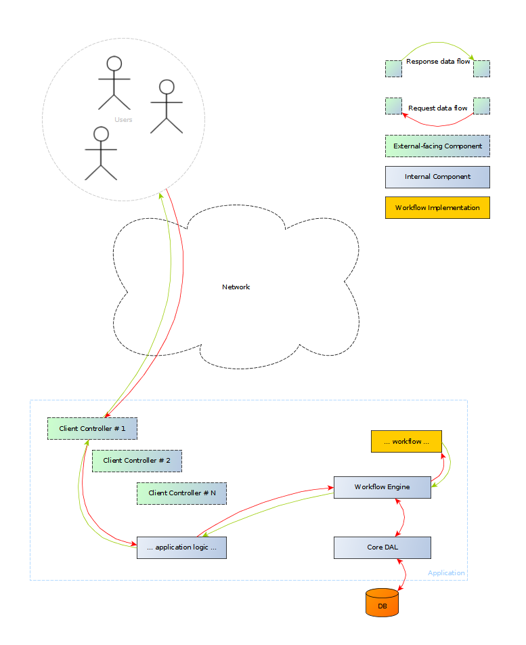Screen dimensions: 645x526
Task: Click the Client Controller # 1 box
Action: point(92,428)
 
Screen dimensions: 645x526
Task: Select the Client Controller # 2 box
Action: point(137,461)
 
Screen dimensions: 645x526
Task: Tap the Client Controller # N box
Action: point(181,493)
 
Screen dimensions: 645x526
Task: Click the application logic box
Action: point(181,547)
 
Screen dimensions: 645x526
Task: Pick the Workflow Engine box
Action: point(382,487)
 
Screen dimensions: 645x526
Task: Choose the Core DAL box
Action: point(382,547)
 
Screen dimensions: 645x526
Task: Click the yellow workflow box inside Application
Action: point(406,441)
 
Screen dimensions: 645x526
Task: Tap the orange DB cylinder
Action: point(382,603)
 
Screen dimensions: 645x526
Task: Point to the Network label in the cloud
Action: point(236,287)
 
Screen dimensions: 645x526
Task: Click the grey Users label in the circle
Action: point(123,120)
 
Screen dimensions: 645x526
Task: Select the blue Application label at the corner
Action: point(446,573)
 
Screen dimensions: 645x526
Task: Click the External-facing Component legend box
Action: point(437,146)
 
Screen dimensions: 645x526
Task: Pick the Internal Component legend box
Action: point(437,177)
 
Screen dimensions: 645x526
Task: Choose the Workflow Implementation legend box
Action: point(437,208)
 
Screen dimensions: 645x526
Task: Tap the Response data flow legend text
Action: point(437,62)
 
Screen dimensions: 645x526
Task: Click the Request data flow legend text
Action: point(437,108)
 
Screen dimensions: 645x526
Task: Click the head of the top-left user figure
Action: point(114,64)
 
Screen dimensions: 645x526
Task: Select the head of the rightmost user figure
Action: point(167,87)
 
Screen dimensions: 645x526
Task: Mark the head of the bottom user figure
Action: point(101,133)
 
